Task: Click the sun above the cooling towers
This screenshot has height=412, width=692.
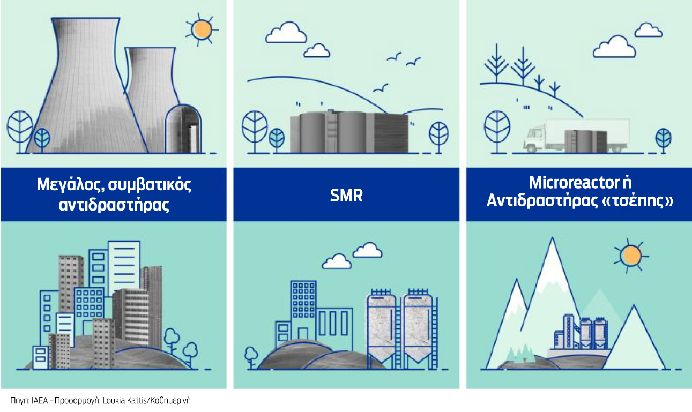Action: (202, 30)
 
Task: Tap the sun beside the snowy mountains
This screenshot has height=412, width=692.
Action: (631, 256)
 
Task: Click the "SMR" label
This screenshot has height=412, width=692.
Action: (346, 195)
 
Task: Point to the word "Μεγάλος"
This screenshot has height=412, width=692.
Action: (72, 185)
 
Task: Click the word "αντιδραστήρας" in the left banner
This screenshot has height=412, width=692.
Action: (114, 205)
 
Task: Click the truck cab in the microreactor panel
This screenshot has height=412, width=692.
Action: (535, 139)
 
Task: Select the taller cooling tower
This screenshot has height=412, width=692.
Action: (86, 85)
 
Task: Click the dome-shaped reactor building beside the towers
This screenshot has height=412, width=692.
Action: (183, 129)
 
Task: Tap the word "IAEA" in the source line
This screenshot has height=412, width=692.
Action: (40, 401)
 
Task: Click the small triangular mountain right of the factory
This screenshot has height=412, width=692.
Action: (634, 337)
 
